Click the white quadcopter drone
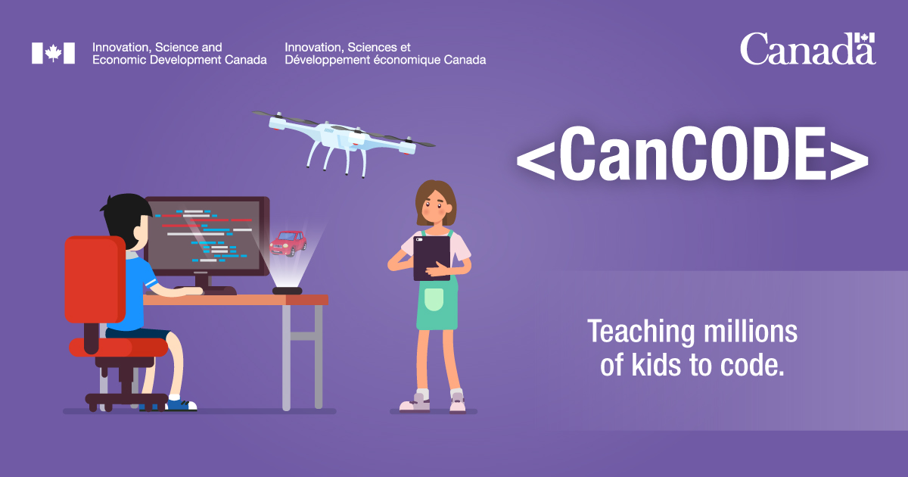click(x=344, y=137)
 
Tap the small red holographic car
click(x=288, y=243)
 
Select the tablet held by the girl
click(x=431, y=258)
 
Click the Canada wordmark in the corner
click(x=807, y=48)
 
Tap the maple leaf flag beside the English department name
click(x=53, y=53)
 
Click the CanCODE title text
click(x=692, y=157)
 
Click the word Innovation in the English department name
click(x=120, y=47)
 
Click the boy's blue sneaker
click(x=180, y=404)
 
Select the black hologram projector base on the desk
click(x=287, y=290)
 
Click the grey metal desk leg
click(x=287, y=356)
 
